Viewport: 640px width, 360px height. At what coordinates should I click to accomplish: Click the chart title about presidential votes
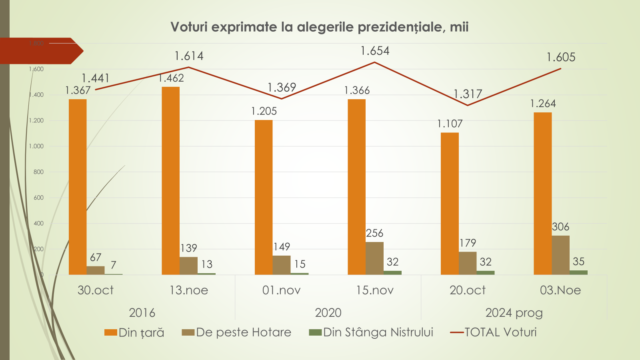pos(319,27)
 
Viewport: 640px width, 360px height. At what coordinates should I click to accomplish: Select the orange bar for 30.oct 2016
pos(78,187)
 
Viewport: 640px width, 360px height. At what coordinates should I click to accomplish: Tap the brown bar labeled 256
pos(374,258)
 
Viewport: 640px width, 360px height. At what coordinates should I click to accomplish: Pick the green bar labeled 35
pos(578,272)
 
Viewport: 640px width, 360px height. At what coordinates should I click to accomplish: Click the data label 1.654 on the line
pos(375,51)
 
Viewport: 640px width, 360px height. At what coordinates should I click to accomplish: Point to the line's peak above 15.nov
pos(375,62)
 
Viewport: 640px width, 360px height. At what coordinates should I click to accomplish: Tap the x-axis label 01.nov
pos(282,290)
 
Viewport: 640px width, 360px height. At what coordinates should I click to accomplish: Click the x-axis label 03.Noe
pos(560,290)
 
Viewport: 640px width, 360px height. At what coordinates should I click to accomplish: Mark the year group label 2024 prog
pos(514,313)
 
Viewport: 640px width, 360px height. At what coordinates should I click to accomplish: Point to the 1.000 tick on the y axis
pos(36,146)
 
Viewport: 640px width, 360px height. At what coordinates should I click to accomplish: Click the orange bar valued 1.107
pos(450,204)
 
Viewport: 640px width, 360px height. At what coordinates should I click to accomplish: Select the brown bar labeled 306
pos(560,255)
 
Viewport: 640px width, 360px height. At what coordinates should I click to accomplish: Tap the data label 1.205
pos(264,111)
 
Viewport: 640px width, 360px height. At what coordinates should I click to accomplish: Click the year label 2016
pos(142,313)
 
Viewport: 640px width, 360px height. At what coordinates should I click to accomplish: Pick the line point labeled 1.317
pos(468,106)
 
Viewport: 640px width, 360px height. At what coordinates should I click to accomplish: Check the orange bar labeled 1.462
pos(171,181)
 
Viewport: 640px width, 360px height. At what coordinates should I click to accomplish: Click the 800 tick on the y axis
pos(38,172)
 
